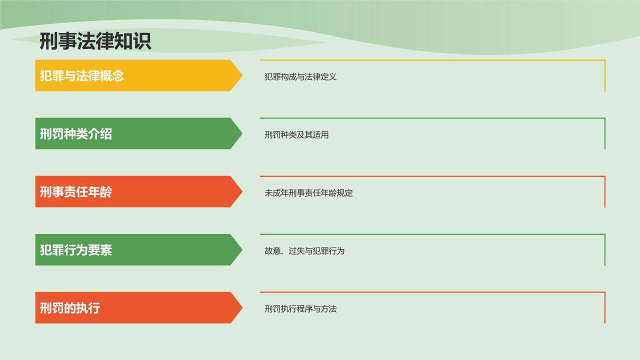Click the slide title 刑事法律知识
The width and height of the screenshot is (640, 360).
click(95, 41)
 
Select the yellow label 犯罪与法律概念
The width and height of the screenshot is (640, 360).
click(81, 75)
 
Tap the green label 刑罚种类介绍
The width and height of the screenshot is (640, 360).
click(75, 133)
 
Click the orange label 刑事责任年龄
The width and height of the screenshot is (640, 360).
click(75, 191)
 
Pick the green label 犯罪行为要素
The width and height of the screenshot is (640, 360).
click(75, 250)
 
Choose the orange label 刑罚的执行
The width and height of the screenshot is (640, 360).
click(69, 308)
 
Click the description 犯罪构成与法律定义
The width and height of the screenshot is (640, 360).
click(300, 76)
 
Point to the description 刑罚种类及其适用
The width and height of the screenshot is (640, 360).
click(296, 134)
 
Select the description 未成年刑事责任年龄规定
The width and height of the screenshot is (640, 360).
click(308, 193)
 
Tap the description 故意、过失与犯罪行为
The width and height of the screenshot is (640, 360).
click(304, 251)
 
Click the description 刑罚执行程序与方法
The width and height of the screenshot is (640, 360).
click(300, 309)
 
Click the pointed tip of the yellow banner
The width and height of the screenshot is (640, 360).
click(242, 75)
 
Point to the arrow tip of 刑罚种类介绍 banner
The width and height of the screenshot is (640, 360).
click(242, 133)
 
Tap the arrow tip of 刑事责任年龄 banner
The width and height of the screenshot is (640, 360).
click(242, 191)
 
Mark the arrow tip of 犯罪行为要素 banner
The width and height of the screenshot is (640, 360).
click(242, 249)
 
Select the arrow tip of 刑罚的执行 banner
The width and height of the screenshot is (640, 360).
click(242, 307)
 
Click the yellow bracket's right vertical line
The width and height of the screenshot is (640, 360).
click(605, 75)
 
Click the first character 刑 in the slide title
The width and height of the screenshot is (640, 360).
click(48, 41)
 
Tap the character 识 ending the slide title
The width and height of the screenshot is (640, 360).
click(142, 41)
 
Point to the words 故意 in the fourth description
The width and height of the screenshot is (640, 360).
click(272, 251)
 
